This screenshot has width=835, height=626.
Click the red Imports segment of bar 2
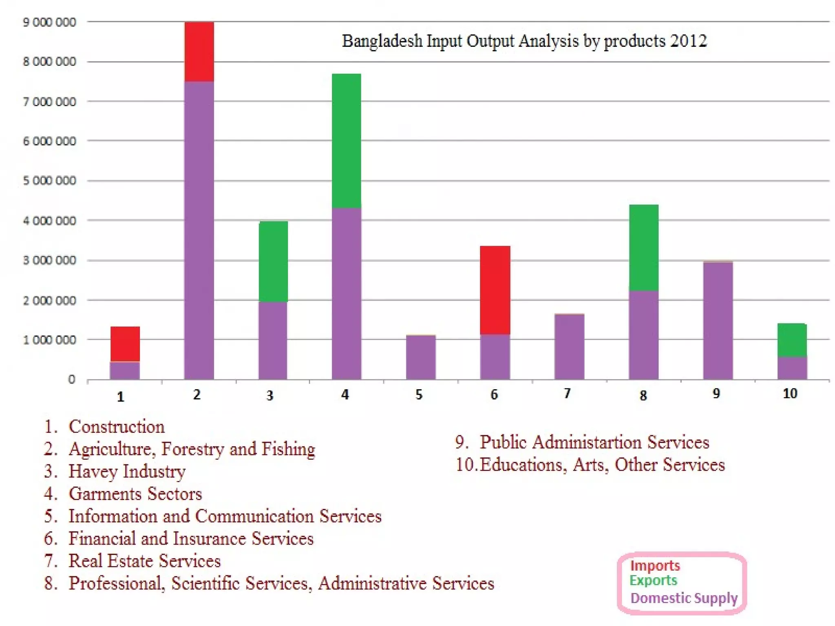(x=199, y=52)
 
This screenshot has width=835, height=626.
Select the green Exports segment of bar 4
(x=347, y=141)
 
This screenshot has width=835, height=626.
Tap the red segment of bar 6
(x=495, y=290)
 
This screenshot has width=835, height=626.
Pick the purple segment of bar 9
(x=718, y=320)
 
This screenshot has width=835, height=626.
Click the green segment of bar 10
(x=792, y=340)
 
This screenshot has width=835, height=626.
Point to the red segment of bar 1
(x=125, y=344)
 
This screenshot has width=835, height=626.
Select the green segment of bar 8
(x=644, y=247)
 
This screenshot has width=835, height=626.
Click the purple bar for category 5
(x=421, y=357)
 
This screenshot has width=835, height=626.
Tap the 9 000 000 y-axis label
(x=49, y=22)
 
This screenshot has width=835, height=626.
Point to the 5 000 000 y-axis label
(x=49, y=181)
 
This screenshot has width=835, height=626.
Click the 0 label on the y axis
(x=72, y=379)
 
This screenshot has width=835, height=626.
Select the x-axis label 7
(x=567, y=393)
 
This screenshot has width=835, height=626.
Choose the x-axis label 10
(x=790, y=393)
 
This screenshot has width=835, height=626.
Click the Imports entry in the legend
(x=655, y=565)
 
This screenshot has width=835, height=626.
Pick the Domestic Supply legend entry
(x=684, y=598)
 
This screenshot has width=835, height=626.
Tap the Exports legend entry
(x=653, y=580)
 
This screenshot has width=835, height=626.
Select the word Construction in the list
(x=117, y=427)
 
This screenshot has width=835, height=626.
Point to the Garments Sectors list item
(x=135, y=494)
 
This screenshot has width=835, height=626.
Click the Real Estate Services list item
(x=144, y=561)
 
